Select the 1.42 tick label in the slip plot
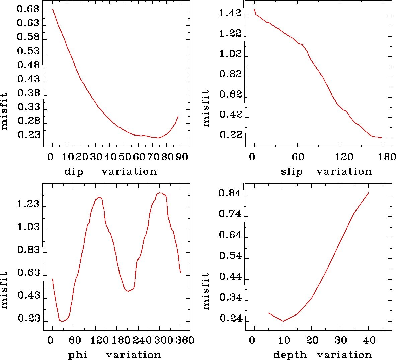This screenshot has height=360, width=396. point(230,13)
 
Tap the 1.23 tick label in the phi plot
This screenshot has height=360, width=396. point(28,204)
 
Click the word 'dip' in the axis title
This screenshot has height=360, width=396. point(74,172)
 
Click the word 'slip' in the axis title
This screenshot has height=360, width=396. point(292,172)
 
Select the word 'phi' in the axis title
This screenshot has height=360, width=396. point(78,355)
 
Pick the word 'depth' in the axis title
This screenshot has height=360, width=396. point(290,355)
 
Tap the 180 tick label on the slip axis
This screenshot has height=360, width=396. point(388,157)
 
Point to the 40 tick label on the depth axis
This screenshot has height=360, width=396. point(369,340)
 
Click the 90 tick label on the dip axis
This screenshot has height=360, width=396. point(182,157)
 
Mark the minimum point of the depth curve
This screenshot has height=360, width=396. point(283,321)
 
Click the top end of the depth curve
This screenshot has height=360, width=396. point(369,193)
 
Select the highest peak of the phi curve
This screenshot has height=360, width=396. point(160,193)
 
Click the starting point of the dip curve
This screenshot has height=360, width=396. point(53,9)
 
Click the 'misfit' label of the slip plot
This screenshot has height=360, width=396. point(206,108)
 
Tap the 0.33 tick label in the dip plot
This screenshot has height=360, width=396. point(28,107)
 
